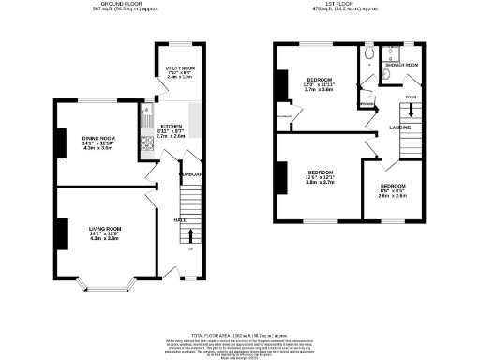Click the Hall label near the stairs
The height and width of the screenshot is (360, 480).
(177, 220)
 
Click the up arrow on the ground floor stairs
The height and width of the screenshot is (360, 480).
(193, 234)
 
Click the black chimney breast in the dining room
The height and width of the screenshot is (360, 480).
(62, 142)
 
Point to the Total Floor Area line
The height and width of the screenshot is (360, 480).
(240, 335)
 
